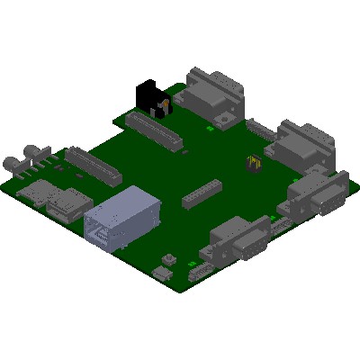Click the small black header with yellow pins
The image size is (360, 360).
(x=254, y=164)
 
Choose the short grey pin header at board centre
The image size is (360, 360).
(x=202, y=193)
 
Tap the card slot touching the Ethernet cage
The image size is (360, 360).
(x=67, y=204)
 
